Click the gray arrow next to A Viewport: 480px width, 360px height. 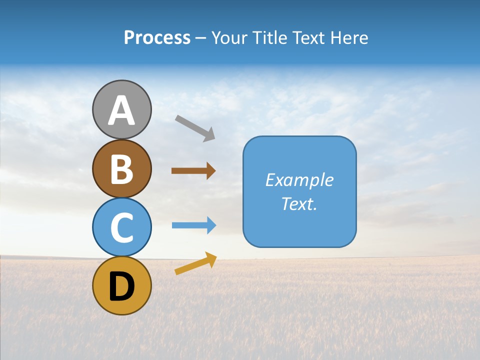point(195,127)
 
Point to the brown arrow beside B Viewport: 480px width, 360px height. point(193,171)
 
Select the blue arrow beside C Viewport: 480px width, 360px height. point(194,225)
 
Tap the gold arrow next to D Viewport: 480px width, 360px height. point(195,263)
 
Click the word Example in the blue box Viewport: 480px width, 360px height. point(299,180)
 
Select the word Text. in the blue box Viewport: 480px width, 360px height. point(299,204)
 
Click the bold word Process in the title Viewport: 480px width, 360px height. point(157,38)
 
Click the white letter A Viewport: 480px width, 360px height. point(122,110)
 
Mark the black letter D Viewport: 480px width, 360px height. point(122,286)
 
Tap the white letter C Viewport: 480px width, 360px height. point(122,228)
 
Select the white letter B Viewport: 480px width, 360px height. point(122,169)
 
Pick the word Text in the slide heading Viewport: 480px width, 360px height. point(308,38)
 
